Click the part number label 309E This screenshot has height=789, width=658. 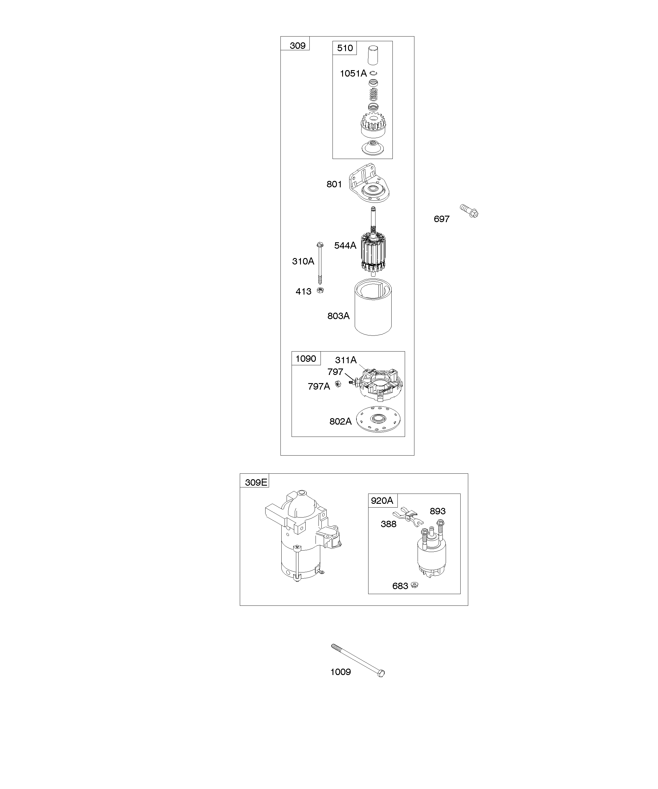[x=256, y=482]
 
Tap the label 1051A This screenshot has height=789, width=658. [x=353, y=74]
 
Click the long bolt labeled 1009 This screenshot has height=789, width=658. [x=358, y=660]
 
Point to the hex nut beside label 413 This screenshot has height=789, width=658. [x=320, y=290]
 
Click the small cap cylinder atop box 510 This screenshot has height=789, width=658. [x=373, y=55]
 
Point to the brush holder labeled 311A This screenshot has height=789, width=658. [x=381, y=385]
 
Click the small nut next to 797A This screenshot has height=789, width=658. [x=338, y=384]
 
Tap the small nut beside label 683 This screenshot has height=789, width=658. [x=415, y=585]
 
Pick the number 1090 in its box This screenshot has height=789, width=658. [x=306, y=359]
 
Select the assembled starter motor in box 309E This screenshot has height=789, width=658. [x=303, y=535]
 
